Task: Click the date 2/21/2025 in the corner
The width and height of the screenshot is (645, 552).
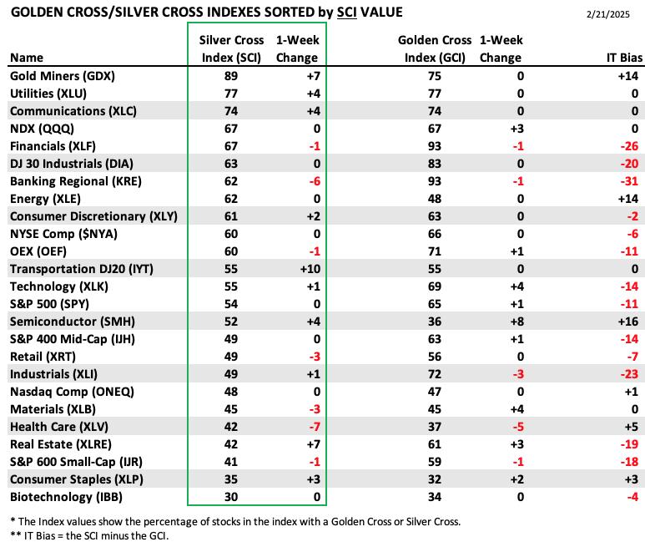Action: point(607,14)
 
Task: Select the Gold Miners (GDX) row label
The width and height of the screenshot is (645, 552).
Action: point(63,76)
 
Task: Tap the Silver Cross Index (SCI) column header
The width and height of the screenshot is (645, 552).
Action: point(232,49)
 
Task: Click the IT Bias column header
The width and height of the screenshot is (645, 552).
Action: point(624,58)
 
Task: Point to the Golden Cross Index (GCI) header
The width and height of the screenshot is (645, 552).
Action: point(435,49)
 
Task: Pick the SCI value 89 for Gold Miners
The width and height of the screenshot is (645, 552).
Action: point(231,76)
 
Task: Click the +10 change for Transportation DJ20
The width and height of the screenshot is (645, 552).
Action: point(310,269)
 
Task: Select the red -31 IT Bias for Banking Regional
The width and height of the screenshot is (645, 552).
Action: point(629,181)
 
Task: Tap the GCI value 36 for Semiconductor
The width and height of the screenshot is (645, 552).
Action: point(435,322)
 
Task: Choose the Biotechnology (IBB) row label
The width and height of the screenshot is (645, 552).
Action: point(66,497)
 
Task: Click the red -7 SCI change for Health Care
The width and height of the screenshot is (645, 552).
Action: point(315,427)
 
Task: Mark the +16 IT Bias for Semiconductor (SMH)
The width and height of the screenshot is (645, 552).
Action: point(628,322)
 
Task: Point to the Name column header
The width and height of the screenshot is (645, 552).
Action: point(27,58)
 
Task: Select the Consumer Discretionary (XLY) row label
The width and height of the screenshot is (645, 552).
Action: point(93,216)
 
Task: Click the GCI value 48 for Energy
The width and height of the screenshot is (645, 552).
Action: point(435,199)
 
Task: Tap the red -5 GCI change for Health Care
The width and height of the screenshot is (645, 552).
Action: point(518,427)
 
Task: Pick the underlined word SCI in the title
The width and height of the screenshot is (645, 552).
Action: point(347,13)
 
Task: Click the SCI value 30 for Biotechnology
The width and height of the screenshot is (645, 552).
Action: point(231,497)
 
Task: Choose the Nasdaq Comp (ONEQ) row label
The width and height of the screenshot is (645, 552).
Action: point(72,392)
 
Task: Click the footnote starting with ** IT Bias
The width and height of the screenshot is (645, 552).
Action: point(89,536)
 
